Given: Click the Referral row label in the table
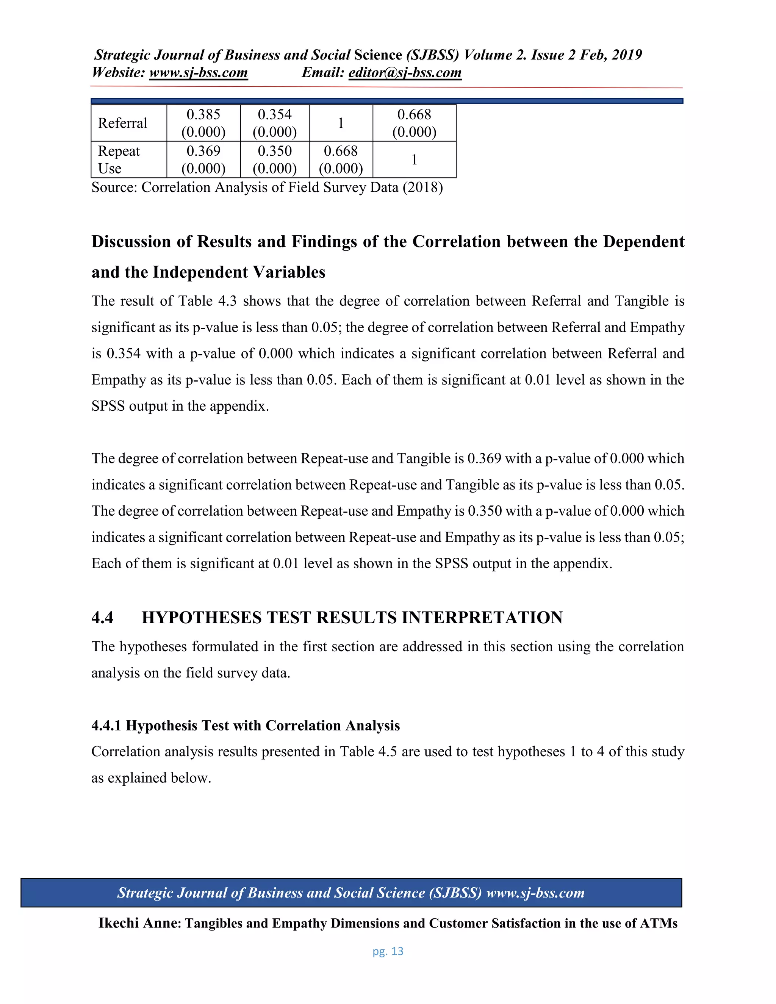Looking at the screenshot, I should coord(122,123).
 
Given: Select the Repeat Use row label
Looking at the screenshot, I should coord(119,160).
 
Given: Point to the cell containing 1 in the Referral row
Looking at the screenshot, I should coord(341,123).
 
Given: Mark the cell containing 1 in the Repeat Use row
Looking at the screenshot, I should coord(414,160).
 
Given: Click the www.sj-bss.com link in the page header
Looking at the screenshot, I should coord(199,73).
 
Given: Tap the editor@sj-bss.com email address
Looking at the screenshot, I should coord(405,73).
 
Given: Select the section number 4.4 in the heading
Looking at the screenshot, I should coord(102,618).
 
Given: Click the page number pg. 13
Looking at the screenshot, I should coord(388,951).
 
